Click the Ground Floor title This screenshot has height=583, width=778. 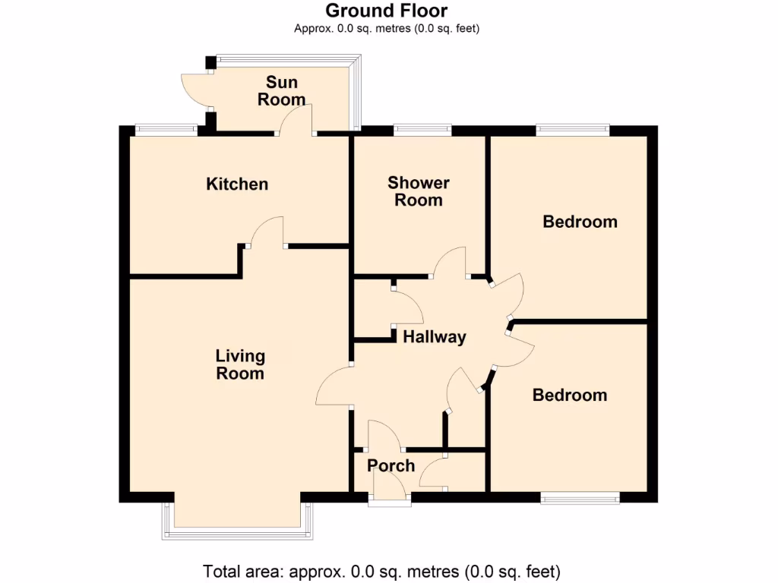(387, 11)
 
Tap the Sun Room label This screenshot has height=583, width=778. (282, 90)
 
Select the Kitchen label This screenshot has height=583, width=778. (237, 184)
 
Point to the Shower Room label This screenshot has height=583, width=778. (419, 191)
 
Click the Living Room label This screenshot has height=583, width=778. (240, 364)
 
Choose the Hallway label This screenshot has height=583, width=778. (434, 337)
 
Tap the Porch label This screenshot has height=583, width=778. (391, 465)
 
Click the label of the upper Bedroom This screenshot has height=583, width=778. (580, 222)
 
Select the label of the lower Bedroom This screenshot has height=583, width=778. (570, 395)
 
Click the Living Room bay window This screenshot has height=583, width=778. (238, 531)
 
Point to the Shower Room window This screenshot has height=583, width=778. (422, 130)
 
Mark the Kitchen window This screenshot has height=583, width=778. (166, 130)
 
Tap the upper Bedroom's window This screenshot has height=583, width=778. (572, 130)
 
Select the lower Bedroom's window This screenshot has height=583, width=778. (580, 498)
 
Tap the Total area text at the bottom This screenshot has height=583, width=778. (381, 571)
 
